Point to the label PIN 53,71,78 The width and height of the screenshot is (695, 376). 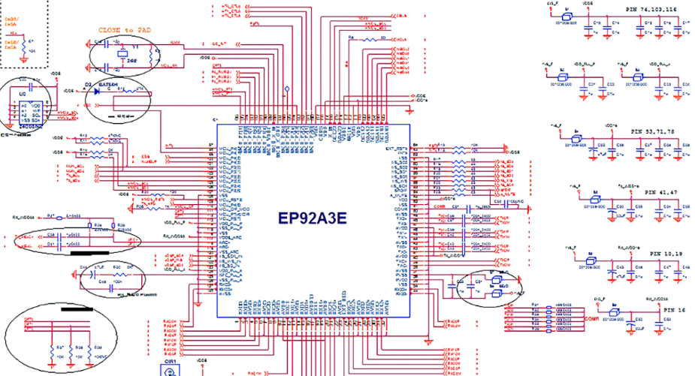click(652, 131)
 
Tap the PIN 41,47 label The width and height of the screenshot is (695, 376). click(660, 193)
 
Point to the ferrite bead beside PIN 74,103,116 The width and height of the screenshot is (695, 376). click(569, 16)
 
